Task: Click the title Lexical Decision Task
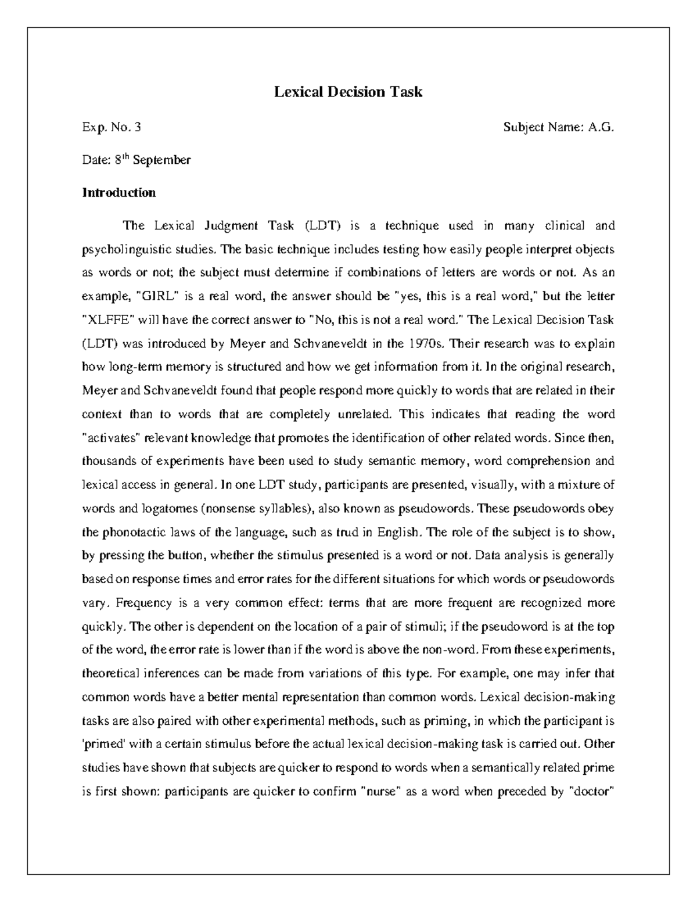(348, 92)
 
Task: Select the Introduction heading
(118, 192)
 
